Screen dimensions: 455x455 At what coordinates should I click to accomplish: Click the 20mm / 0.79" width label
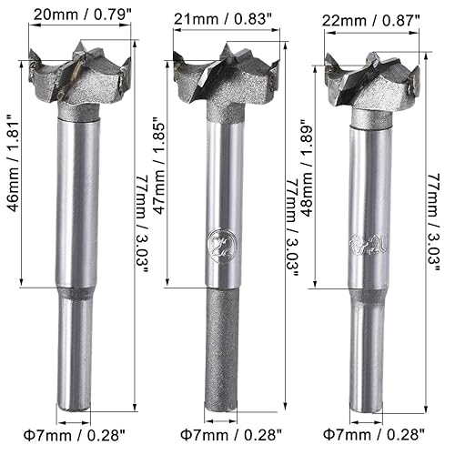[x=74, y=14]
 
